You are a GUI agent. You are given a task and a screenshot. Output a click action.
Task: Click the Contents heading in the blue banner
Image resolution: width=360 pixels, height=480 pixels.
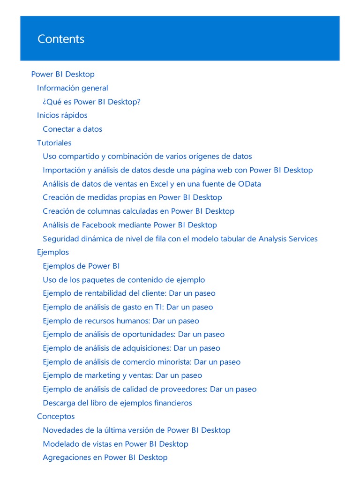pyautogui.click(x=61, y=39)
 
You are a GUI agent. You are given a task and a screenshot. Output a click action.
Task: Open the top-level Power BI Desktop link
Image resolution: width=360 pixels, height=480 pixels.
pyautogui.click(x=63, y=74)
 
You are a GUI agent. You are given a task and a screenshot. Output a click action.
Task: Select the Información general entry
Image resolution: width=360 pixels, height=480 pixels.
pyautogui.click(x=72, y=88)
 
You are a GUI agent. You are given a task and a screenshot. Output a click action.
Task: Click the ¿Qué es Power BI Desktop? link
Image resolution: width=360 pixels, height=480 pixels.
pyautogui.click(x=91, y=102)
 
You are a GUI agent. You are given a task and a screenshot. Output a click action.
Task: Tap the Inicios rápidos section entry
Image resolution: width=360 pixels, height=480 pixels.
pyautogui.click(x=62, y=115)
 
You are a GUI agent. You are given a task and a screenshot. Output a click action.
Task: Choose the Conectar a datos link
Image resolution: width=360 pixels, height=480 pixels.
pyautogui.click(x=72, y=129)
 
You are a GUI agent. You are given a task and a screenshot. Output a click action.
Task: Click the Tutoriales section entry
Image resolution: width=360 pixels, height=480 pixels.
pyautogui.click(x=54, y=142)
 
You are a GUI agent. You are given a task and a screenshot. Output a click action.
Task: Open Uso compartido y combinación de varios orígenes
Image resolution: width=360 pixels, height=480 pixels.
pyautogui.click(x=147, y=156)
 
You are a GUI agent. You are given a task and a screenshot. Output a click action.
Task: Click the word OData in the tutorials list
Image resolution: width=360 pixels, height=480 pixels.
pyautogui.click(x=249, y=184)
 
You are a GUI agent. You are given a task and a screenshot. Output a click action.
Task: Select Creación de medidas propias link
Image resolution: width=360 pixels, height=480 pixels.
pyautogui.click(x=132, y=197)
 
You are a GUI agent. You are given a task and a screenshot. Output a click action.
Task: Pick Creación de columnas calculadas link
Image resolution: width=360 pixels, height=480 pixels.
pyautogui.click(x=138, y=211)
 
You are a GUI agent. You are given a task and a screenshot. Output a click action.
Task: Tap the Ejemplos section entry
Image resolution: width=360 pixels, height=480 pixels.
pyautogui.click(x=52, y=252)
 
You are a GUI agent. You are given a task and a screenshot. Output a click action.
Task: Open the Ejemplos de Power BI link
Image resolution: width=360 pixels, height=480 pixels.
pyautogui.click(x=81, y=266)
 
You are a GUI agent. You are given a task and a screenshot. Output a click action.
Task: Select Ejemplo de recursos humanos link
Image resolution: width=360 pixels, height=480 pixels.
pyautogui.click(x=120, y=321)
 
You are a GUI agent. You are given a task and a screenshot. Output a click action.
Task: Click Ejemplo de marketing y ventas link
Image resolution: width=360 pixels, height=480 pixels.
pyautogui.click(x=122, y=375)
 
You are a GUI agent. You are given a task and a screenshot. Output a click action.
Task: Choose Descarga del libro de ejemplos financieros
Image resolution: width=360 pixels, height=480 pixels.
pyautogui.click(x=117, y=403)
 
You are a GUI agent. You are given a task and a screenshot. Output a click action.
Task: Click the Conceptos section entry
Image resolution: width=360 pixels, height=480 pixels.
pyautogui.click(x=55, y=416)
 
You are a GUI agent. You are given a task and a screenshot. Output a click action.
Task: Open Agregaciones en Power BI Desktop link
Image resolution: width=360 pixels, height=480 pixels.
pyautogui.click(x=105, y=457)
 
